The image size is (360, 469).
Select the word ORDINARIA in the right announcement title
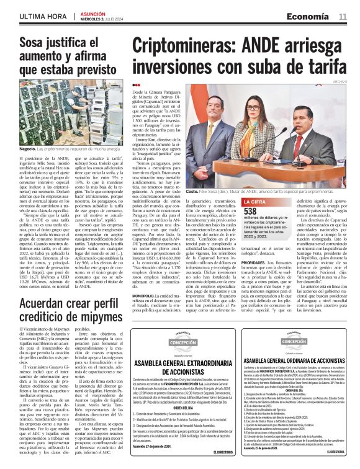pos(304,360)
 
